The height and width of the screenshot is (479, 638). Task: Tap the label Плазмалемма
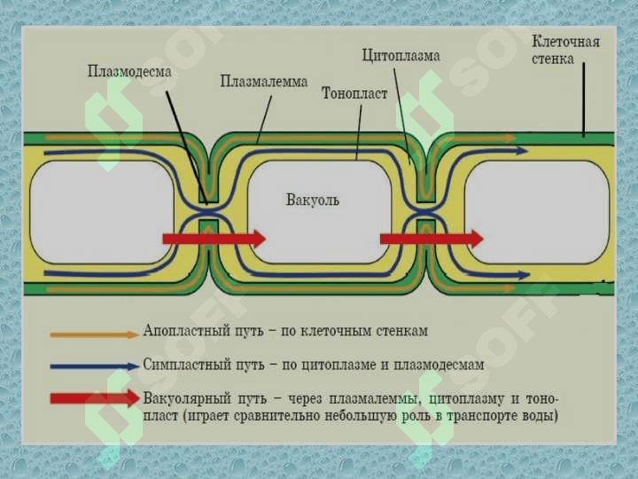point(264,82)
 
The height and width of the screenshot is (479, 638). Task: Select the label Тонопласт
point(354,93)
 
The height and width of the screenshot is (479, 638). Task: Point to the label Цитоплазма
point(401,55)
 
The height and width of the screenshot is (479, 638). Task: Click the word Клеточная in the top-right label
point(565,42)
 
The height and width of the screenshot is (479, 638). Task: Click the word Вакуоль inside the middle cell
point(313,200)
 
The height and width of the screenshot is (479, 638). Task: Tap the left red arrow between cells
point(214,238)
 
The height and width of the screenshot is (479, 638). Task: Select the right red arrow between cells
point(432,238)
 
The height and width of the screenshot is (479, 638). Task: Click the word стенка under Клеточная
point(553,59)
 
